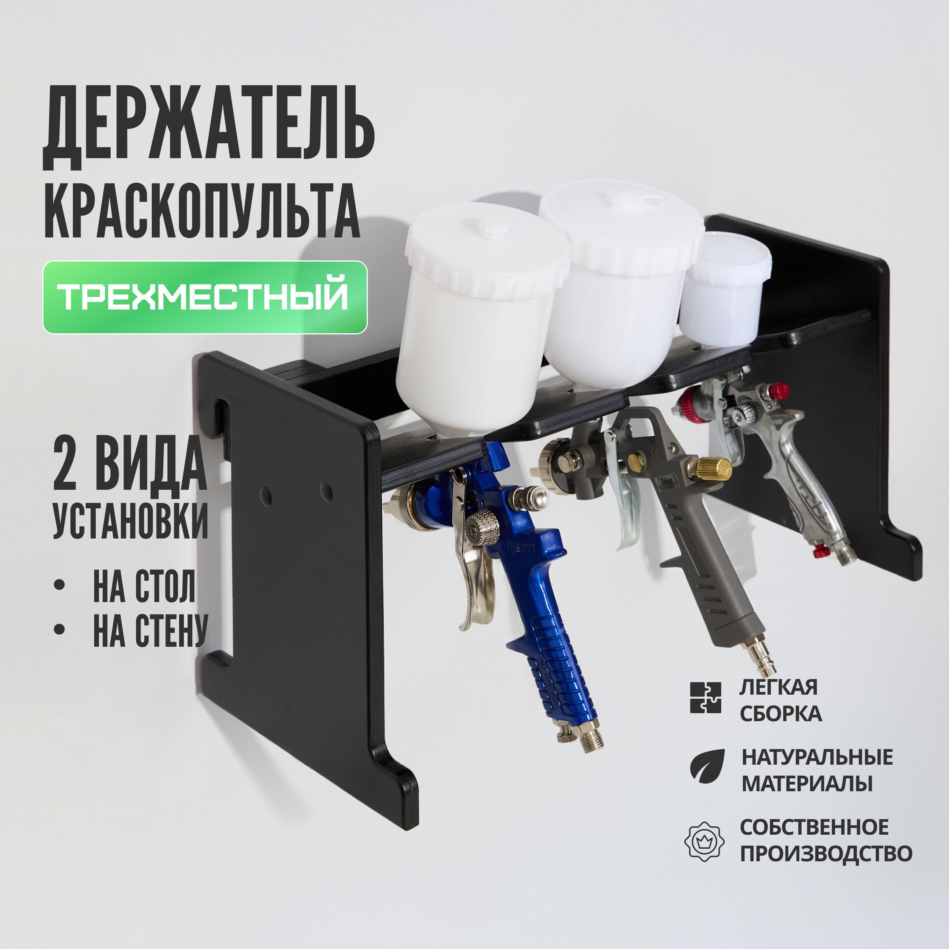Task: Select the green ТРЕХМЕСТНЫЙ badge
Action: [205, 297]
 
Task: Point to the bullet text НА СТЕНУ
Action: [150, 630]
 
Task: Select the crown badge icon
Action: [704, 841]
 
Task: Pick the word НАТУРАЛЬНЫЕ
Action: [817, 757]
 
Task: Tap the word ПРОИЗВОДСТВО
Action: [826, 854]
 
